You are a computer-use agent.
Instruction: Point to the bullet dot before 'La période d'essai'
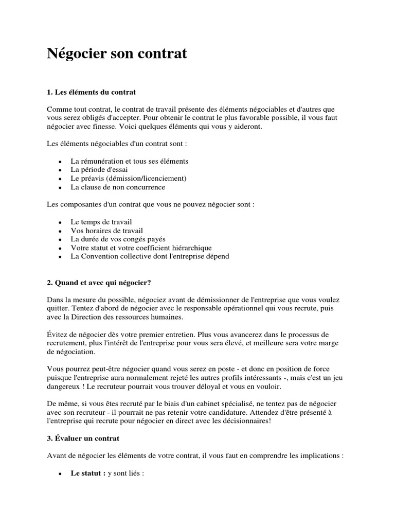60,170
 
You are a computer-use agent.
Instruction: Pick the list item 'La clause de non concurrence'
118,187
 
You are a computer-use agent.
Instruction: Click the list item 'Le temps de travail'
98,222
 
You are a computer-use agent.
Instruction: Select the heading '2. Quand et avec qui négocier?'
99,283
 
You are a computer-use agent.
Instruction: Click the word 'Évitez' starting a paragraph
57,335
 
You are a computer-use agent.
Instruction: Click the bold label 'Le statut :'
88,473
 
